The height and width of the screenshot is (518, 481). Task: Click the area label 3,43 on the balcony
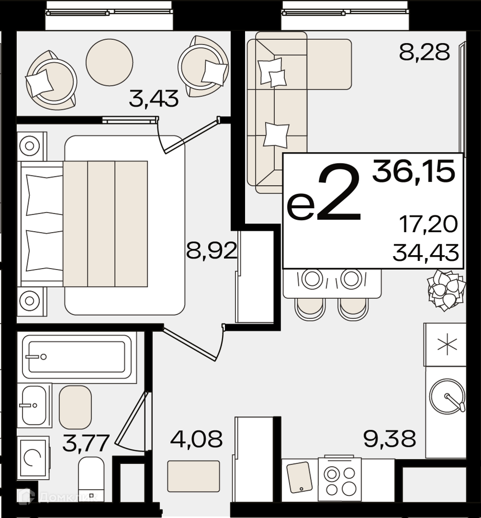(153, 98)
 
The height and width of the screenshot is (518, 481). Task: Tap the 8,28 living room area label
(424, 52)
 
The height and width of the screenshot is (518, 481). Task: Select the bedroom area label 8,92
(212, 250)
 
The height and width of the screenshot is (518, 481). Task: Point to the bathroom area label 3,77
(86, 443)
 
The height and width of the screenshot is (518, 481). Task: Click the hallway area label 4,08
(196, 438)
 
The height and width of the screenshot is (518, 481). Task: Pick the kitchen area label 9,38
(389, 438)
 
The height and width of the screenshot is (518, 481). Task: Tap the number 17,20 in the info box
(428, 224)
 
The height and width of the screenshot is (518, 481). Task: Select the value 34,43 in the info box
(426, 252)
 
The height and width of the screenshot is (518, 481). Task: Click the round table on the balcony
(109, 62)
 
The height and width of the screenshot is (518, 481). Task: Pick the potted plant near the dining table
(446, 290)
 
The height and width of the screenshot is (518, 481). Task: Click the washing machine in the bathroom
(33, 458)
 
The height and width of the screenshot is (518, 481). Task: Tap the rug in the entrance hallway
(194, 476)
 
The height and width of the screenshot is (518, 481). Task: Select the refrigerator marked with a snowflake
(445, 344)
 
